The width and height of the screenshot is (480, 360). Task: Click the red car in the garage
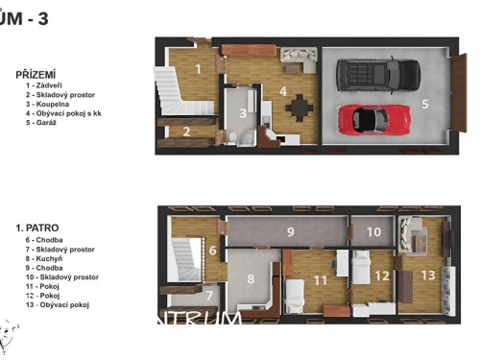click(x=369, y=118)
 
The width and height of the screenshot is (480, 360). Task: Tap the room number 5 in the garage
click(x=424, y=104)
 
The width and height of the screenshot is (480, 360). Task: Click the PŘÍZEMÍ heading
click(x=36, y=73)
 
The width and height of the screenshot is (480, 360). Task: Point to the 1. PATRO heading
click(x=37, y=228)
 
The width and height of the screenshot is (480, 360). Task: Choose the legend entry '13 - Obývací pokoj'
click(x=58, y=305)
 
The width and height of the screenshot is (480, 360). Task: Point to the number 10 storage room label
click(x=373, y=231)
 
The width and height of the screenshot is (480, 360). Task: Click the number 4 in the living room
click(x=283, y=91)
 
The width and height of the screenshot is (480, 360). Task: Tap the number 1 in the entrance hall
click(x=197, y=68)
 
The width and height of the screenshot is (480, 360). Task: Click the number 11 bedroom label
click(x=321, y=280)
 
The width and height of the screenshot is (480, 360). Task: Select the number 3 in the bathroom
click(x=243, y=112)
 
